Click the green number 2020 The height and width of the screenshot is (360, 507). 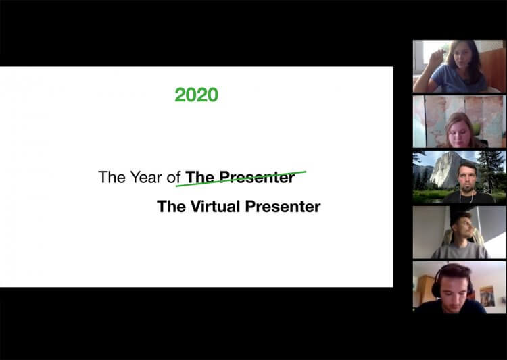click(x=196, y=95)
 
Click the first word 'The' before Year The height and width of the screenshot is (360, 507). click(x=112, y=178)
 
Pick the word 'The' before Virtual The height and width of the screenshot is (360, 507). click(x=171, y=206)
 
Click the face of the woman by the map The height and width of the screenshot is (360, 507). click(x=459, y=127)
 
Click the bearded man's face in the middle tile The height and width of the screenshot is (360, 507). click(x=468, y=177)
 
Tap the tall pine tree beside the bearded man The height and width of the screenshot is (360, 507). click(x=491, y=169)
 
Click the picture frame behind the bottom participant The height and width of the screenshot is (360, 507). click(x=487, y=295)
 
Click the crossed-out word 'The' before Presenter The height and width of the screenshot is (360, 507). click(x=200, y=178)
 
